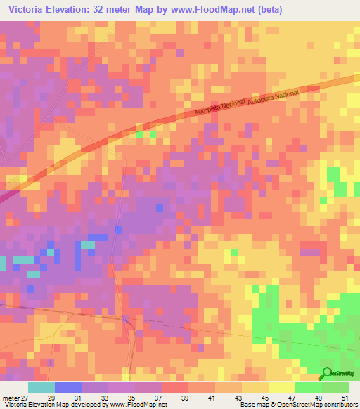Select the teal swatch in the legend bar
tap(41, 387)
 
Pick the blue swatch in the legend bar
tap(67, 387)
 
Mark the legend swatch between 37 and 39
tap(174, 387)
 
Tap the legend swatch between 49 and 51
tap(335, 387)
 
